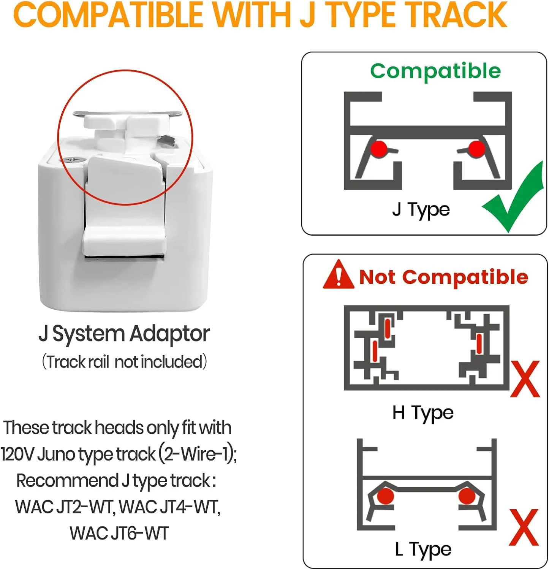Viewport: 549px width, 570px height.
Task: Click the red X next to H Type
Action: (x=525, y=379)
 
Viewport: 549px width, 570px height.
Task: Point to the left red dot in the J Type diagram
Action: (x=378, y=149)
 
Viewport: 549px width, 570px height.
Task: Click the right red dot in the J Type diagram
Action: (x=476, y=149)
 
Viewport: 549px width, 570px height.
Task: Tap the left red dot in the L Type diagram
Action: (x=386, y=496)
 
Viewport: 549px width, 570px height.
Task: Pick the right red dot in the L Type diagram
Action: (x=467, y=496)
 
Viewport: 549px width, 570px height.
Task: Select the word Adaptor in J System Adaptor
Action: (x=169, y=334)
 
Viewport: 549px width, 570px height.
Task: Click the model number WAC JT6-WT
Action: (x=119, y=533)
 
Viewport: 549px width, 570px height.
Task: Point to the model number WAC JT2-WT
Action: (x=64, y=507)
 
